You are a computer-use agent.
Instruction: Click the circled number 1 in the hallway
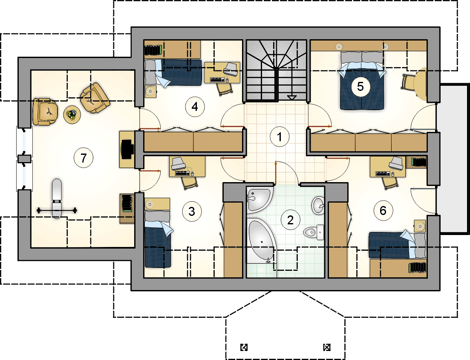click(x=280, y=137)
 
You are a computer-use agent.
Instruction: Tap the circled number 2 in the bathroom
click(x=290, y=220)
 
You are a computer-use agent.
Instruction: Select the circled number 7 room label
click(x=84, y=157)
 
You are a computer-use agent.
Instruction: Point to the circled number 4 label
click(x=195, y=107)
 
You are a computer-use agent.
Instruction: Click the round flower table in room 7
click(x=72, y=114)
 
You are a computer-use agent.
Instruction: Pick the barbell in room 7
click(x=57, y=210)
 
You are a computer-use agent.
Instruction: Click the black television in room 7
click(x=127, y=149)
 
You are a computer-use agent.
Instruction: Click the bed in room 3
click(x=158, y=239)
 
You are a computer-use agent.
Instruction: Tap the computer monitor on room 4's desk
click(x=231, y=69)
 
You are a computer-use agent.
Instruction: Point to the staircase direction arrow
click(x=291, y=97)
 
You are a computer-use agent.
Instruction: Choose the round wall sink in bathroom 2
click(x=318, y=206)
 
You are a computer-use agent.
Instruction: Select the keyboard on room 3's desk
click(x=182, y=174)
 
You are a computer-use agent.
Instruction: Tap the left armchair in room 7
click(x=45, y=112)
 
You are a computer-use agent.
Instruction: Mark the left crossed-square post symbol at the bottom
click(x=244, y=347)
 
